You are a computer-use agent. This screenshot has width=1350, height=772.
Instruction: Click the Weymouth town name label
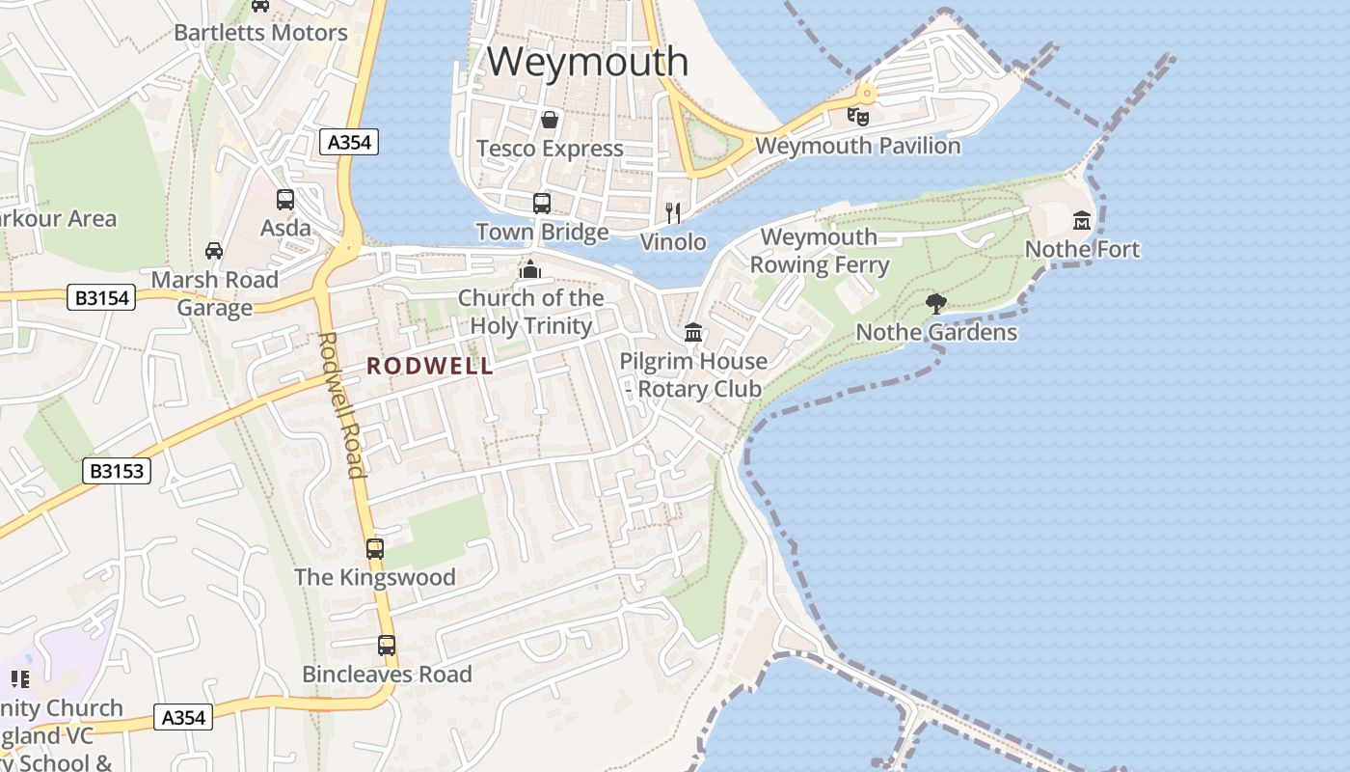[x=587, y=62]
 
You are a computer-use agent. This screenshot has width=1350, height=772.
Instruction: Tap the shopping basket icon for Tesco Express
[x=549, y=120]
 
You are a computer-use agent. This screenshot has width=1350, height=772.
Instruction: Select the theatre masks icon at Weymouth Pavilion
[x=857, y=117]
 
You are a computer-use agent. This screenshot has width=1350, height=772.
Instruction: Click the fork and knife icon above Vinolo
[x=673, y=212]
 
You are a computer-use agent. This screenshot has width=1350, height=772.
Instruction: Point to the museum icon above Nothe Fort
[x=1081, y=221]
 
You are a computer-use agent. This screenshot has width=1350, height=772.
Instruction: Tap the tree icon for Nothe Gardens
[x=935, y=304]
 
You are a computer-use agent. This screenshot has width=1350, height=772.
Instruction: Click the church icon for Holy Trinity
[x=529, y=269]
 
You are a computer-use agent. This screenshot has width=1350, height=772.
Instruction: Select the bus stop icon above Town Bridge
[x=542, y=204]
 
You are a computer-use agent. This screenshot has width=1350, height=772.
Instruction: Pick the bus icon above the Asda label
[x=285, y=200]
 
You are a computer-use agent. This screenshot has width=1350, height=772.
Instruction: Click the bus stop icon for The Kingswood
[x=375, y=549]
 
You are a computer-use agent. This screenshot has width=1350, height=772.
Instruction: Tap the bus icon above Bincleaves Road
[x=387, y=646]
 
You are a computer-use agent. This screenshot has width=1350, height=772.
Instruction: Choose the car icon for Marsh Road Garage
[x=214, y=251]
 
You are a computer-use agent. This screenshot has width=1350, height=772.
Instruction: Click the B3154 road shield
[x=101, y=298]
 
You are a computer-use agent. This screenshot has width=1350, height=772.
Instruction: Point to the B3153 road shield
[x=117, y=471]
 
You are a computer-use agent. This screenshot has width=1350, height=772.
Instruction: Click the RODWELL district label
[x=429, y=367]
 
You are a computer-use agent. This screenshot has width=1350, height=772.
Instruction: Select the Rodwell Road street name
[x=342, y=405]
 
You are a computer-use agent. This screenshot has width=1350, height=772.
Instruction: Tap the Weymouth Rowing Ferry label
[x=819, y=251]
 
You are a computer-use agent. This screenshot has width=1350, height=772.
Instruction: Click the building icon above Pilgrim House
[x=692, y=333]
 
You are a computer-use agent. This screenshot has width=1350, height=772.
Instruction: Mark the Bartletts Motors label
[x=260, y=32]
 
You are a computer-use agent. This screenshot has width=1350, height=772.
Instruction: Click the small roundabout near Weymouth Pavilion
[x=867, y=94]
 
